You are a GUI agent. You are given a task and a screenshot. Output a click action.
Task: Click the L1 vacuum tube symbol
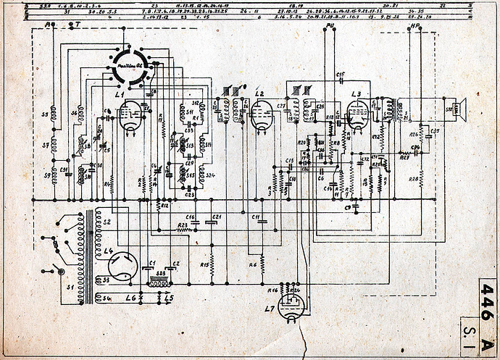tap(131, 117)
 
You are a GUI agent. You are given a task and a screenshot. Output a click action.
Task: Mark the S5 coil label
tap(45, 114)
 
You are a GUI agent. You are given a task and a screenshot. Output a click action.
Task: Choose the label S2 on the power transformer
tap(107, 221)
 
